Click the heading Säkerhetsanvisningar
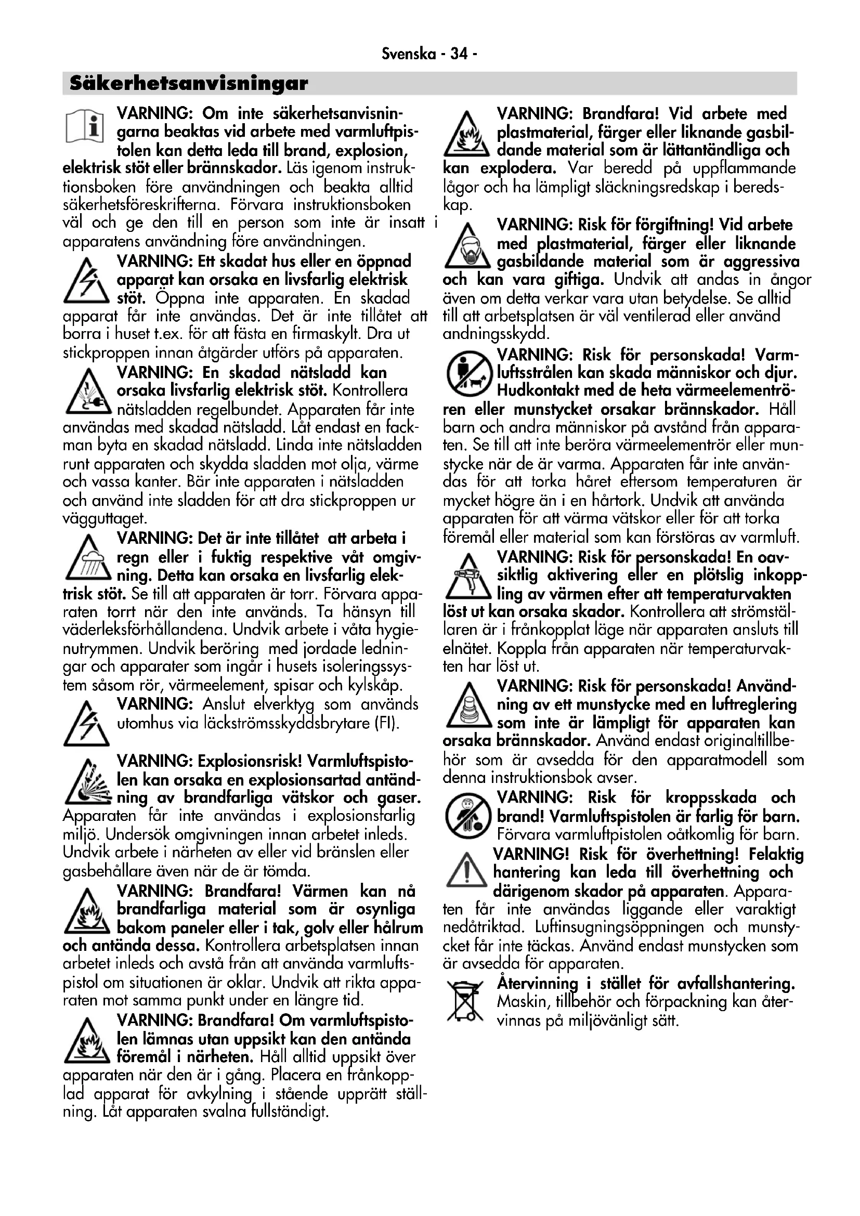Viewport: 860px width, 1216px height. tap(189, 83)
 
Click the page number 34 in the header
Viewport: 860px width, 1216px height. tap(458, 54)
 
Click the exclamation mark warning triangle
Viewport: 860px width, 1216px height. tap(466, 870)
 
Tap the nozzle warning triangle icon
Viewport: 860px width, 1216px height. tap(466, 706)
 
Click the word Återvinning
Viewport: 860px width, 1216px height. tap(538, 984)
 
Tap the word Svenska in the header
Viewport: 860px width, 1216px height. tap(408, 54)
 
